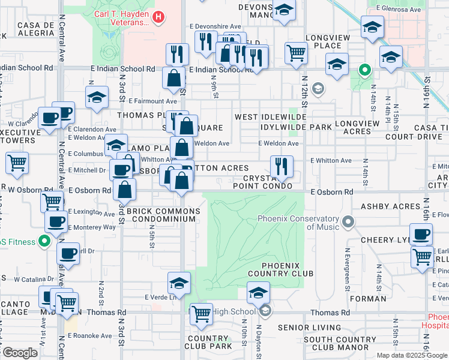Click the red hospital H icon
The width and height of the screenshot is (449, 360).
(158, 17)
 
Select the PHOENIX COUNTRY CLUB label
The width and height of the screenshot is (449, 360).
(288, 269)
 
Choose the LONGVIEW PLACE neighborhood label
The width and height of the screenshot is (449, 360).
(331, 41)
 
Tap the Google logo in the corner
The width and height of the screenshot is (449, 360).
(19, 352)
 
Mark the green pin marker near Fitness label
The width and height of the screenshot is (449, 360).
(43, 242)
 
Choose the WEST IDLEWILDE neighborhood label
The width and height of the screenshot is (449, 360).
(267, 117)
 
